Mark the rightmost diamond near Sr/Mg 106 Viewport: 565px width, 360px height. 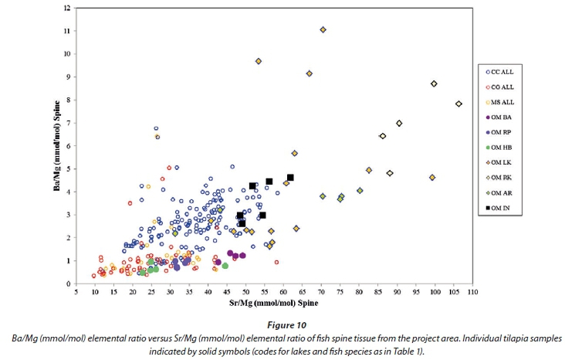(x=458, y=104)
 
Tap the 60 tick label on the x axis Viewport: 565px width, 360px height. (x=284, y=294)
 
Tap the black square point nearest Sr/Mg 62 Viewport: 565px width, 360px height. (x=290, y=178)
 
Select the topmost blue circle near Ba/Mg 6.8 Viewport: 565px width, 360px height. (x=156, y=129)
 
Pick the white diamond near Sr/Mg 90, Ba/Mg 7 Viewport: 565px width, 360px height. (x=399, y=123)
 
